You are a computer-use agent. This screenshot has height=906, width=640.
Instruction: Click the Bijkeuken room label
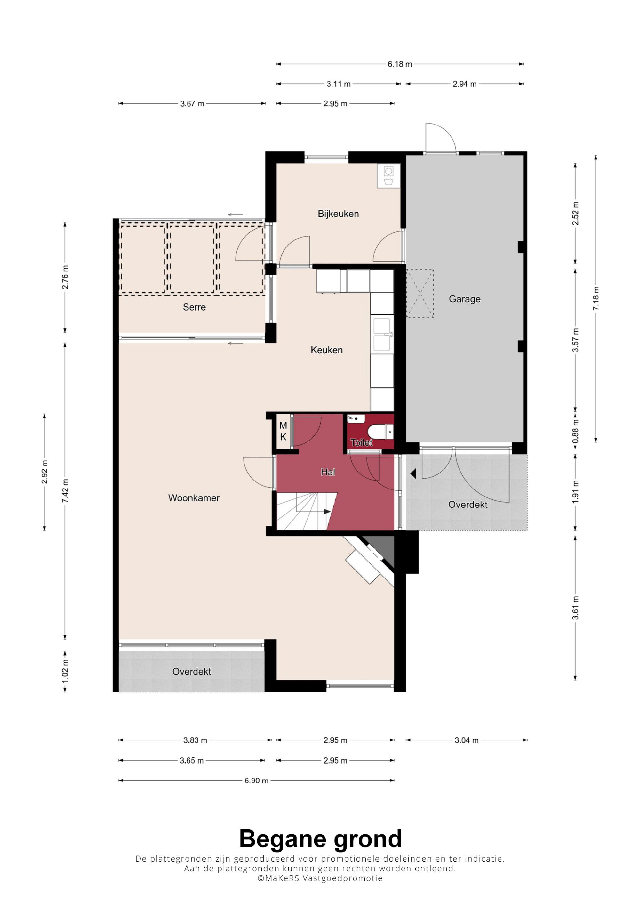click(x=338, y=214)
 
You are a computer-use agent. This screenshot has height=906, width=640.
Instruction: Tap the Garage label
click(x=465, y=299)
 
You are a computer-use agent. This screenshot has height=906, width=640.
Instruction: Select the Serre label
click(x=195, y=307)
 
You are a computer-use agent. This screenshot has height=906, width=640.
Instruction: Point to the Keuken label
click(x=326, y=350)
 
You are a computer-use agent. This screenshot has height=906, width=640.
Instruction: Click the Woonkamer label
click(x=194, y=498)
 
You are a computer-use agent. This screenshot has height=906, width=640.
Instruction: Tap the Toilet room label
click(x=361, y=443)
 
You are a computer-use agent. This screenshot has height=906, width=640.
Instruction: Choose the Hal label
click(x=328, y=472)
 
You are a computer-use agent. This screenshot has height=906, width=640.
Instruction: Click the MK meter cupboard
click(x=283, y=431)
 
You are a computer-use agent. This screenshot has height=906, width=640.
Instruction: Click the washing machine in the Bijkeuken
click(x=388, y=176)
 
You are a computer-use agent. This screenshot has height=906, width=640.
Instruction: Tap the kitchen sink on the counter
click(x=382, y=334)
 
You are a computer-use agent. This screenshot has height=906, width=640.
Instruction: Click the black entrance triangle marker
click(x=414, y=473)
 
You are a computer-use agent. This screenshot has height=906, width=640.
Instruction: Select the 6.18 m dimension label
click(x=400, y=64)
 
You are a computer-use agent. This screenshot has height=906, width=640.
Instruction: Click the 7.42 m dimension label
click(x=66, y=491)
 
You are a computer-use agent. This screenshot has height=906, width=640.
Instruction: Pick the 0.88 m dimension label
click(x=576, y=431)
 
